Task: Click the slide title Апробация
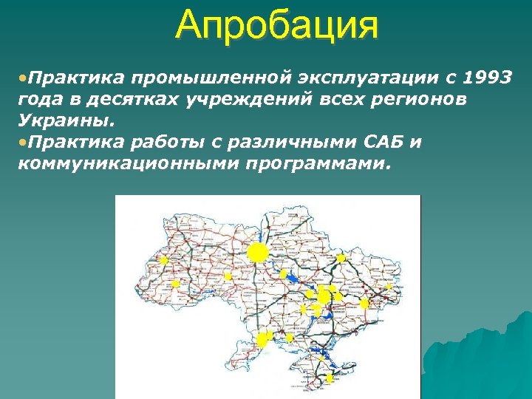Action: (x=277, y=26)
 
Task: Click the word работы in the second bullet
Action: (x=171, y=141)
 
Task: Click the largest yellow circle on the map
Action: (x=257, y=253)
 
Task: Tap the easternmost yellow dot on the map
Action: (x=364, y=303)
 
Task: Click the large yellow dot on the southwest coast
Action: (x=262, y=340)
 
